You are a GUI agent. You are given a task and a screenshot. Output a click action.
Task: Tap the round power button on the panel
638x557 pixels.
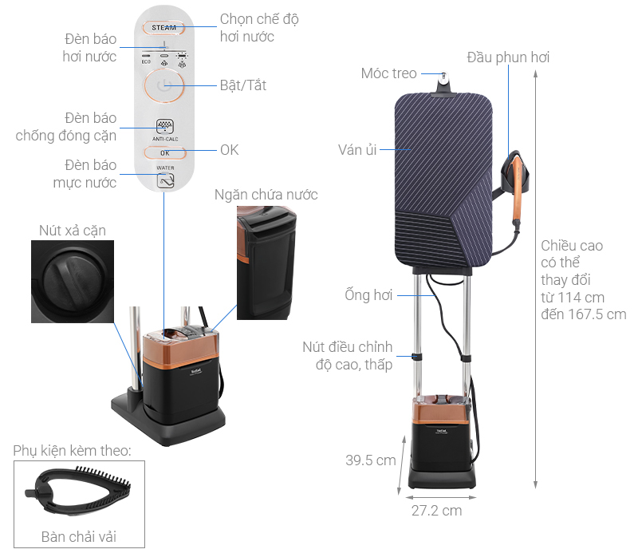pyautogui.click(x=164, y=85)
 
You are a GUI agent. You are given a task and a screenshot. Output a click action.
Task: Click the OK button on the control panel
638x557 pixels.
pyautogui.click(x=165, y=153)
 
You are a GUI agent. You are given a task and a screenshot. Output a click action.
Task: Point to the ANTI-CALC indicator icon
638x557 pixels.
pyautogui.click(x=165, y=126)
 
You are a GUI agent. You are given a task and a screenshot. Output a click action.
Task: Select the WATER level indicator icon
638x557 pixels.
pyautogui.click(x=166, y=181)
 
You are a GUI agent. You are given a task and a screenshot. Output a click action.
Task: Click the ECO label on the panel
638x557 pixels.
pyautogui.click(x=146, y=62)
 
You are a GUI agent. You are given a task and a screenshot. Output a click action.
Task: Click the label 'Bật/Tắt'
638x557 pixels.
pyautogui.click(x=243, y=85)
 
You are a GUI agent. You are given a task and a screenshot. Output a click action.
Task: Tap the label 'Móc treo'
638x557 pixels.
pyautogui.click(x=388, y=73)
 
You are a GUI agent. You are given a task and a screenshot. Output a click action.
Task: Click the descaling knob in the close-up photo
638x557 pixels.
pyautogui.click(x=72, y=280)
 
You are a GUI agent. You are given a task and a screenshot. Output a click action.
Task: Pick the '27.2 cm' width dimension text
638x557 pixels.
pyautogui.click(x=436, y=511)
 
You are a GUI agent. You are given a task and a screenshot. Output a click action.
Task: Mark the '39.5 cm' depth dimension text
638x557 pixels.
pyautogui.click(x=371, y=460)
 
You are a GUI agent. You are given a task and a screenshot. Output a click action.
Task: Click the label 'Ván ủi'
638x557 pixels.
pyautogui.click(x=357, y=150)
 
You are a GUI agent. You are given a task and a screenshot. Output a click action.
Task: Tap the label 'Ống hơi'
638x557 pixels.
pyautogui.click(x=368, y=294)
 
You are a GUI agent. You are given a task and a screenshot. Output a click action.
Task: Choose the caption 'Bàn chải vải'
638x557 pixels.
pyautogui.click(x=79, y=536)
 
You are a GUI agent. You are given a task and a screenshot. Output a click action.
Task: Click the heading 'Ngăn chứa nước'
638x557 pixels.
pyautogui.click(x=266, y=195)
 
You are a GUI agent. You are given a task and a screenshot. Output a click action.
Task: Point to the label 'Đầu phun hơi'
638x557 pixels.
pyautogui.click(x=508, y=57)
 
